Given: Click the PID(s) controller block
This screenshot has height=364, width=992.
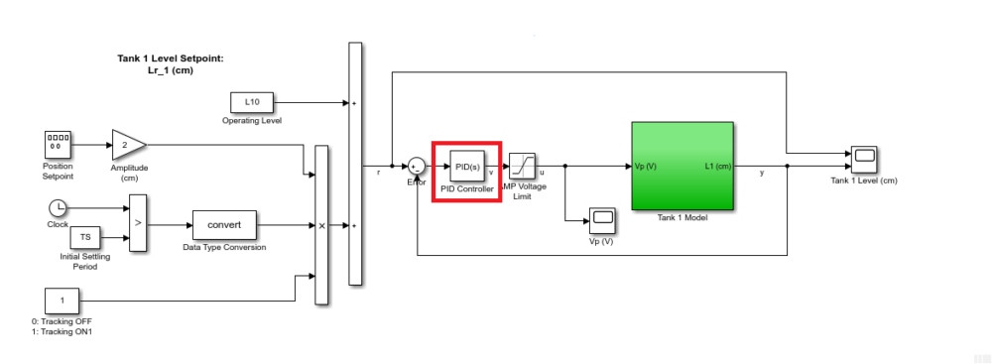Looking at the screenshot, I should [x=466, y=167].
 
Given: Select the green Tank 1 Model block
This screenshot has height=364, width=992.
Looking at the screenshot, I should [x=682, y=167].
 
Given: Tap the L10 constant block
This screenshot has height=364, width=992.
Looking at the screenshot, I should [x=252, y=102].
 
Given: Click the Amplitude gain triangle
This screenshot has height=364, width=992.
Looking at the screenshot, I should [x=126, y=144].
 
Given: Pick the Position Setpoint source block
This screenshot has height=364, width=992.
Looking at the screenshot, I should [x=58, y=144].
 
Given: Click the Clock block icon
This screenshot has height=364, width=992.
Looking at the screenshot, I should [x=58, y=207].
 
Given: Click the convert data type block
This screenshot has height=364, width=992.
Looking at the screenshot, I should [x=223, y=225].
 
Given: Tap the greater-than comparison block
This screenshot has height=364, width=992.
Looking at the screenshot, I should [x=137, y=223].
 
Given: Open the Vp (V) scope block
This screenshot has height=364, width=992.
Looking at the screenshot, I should [x=601, y=219].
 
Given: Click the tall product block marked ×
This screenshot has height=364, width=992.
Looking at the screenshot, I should [x=321, y=225].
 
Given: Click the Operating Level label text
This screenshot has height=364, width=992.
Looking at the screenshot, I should [x=252, y=121].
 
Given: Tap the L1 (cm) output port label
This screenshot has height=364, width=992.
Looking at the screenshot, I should [x=717, y=167].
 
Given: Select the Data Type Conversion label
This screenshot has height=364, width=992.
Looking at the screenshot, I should [x=224, y=247].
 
